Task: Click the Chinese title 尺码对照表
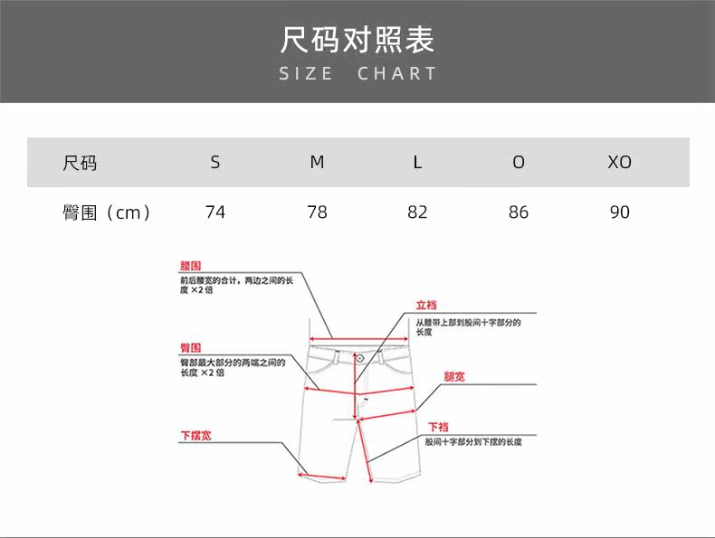pyautogui.click(x=357, y=40)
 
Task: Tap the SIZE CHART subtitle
pyautogui.click(x=357, y=74)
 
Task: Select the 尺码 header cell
pyautogui.click(x=80, y=163)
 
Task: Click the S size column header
pyautogui.click(x=215, y=163)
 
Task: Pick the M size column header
pyautogui.click(x=317, y=163)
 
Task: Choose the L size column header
pyautogui.click(x=417, y=163)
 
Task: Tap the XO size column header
pyautogui.click(x=619, y=163)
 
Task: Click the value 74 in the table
pyautogui.click(x=215, y=212)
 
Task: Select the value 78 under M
pyautogui.click(x=317, y=212)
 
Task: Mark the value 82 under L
pyautogui.click(x=417, y=212)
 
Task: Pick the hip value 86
pyautogui.click(x=519, y=212)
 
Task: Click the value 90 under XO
pyautogui.click(x=619, y=212)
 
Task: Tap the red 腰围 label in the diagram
pyautogui.click(x=190, y=267)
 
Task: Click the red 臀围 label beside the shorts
pyautogui.click(x=190, y=348)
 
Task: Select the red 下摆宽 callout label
pyautogui.click(x=195, y=436)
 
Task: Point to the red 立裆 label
pyautogui.click(x=426, y=306)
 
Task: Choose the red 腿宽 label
pyautogui.click(x=454, y=376)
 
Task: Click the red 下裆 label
pyautogui.click(x=438, y=427)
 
